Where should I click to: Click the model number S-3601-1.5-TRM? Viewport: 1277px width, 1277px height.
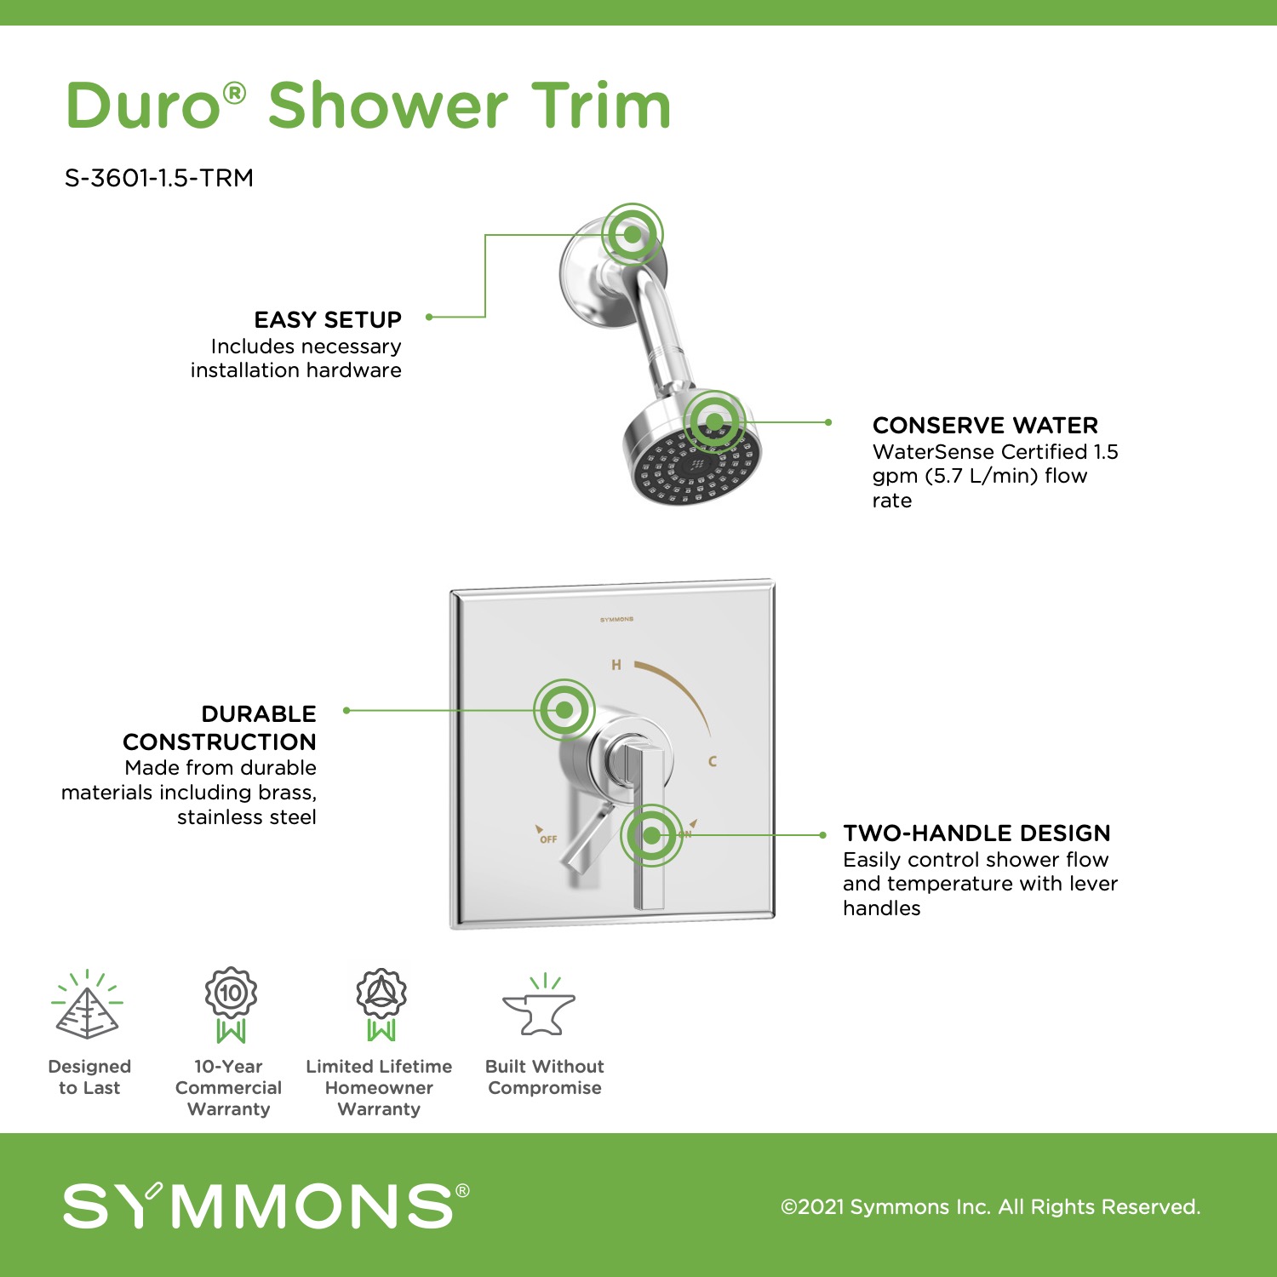159,178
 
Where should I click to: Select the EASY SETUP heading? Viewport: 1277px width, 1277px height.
328,320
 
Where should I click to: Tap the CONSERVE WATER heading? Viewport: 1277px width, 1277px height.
985,426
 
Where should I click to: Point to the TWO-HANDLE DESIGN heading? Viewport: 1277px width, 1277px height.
976,833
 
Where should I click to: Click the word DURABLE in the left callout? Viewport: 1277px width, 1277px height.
259,714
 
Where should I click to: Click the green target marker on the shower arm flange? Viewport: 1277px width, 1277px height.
633,234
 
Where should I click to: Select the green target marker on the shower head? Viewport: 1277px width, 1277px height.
715,421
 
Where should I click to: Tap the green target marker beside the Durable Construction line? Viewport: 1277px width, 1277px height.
564,710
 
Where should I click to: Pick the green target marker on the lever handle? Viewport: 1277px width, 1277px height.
651,835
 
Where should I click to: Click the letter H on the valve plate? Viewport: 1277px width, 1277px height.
616,665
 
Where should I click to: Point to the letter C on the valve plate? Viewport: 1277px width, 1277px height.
713,761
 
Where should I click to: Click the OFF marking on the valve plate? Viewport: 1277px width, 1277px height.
548,839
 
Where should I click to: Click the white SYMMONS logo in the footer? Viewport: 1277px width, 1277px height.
266,1205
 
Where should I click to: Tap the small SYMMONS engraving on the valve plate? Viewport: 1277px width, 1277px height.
616,620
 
